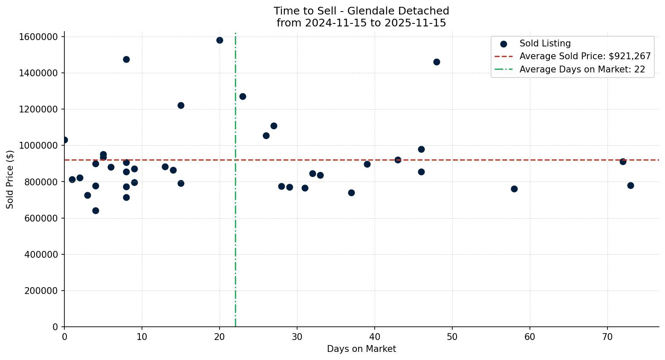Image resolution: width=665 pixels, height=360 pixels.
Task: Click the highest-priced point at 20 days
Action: (220, 40)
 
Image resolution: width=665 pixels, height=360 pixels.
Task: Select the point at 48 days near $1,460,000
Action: (437, 62)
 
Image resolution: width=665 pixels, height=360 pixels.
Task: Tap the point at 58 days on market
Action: (514, 189)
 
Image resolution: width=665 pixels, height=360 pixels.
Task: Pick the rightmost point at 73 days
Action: (630, 185)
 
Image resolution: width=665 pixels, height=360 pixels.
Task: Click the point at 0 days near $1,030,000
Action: (64, 140)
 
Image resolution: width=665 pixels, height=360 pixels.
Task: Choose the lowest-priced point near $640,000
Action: (95, 210)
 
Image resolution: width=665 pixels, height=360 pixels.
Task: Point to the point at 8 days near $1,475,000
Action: (126, 59)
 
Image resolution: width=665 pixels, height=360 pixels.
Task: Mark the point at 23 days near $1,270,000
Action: (243, 96)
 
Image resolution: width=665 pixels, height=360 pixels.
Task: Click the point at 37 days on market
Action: (351, 193)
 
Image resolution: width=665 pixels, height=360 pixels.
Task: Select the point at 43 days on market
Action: (398, 160)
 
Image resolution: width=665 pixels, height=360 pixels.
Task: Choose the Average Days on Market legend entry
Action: (582, 69)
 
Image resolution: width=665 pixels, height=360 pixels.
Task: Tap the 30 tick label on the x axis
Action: (297, 337)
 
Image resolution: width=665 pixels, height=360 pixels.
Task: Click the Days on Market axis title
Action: (361, 349)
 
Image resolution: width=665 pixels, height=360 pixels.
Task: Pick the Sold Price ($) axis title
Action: (10, 179)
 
